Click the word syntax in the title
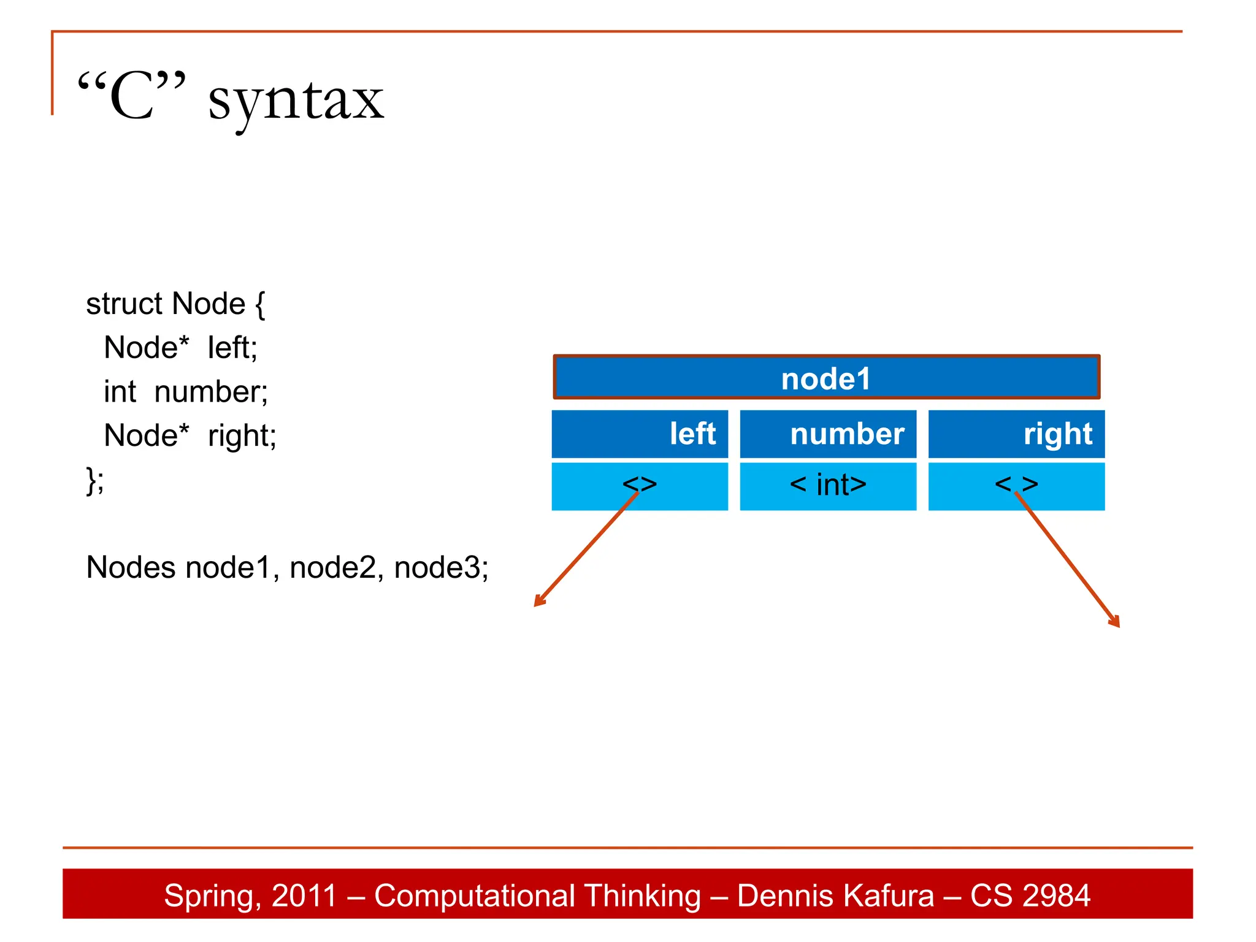(296, 101)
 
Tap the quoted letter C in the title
(132, 95)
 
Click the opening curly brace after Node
(260, 305)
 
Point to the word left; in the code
(232, 348)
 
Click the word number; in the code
(211, 392)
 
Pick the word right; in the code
(242, 436)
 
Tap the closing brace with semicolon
(95, 480)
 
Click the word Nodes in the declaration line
(131, 567)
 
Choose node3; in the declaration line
(441, 567)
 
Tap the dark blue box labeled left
(640, 434)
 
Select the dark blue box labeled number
(828, 434)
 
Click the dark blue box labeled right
(1016, 434)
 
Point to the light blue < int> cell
(828, 486)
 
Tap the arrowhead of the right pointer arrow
(1116, 622)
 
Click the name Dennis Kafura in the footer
(835, 895)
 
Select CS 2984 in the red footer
(1030, 895)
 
